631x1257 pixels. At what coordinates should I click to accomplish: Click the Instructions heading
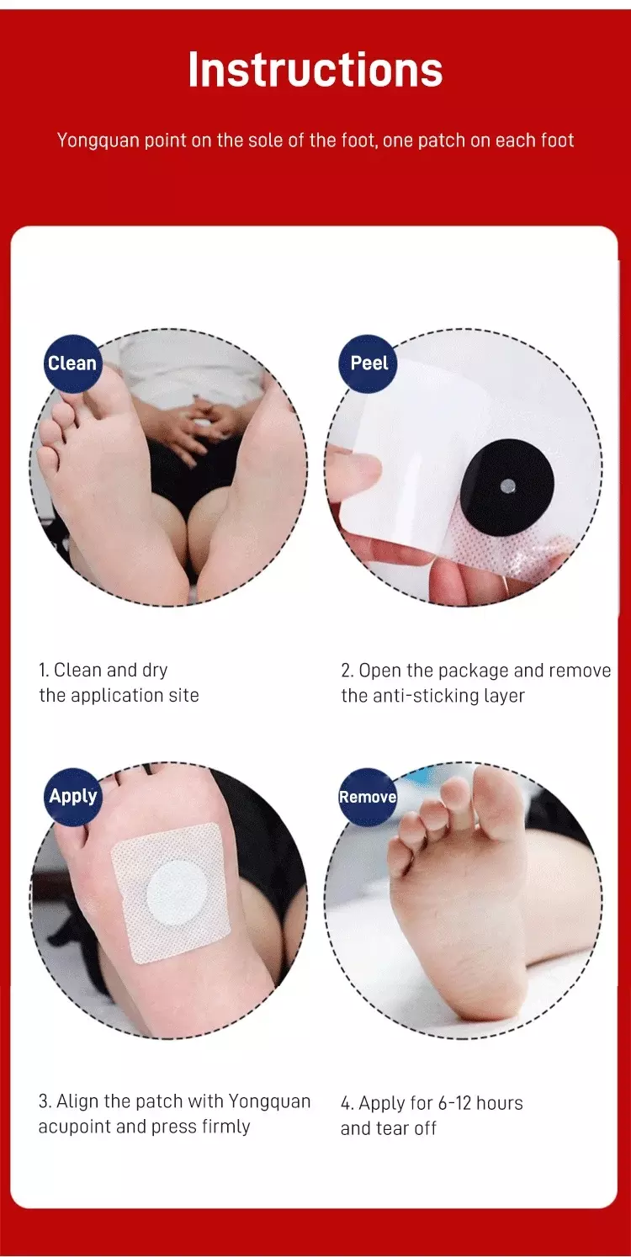(x=315, y=70)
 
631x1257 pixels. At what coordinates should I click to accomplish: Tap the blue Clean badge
(x=72, y=363)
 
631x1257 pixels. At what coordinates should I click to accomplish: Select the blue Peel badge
(x=369, y=363)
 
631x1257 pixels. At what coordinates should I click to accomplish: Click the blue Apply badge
(x=72, y=796)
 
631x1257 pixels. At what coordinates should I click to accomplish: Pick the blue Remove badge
(x=367, y=797)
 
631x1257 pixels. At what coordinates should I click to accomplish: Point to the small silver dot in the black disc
(x=510, y=483)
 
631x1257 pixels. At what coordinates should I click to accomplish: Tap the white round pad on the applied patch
(x=172, y=894)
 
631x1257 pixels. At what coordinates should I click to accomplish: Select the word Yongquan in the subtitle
(x=98, y=141)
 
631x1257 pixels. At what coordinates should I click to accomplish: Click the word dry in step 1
(x=153, y=671)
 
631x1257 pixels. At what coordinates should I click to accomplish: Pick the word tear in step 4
(x=391, y=1128)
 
